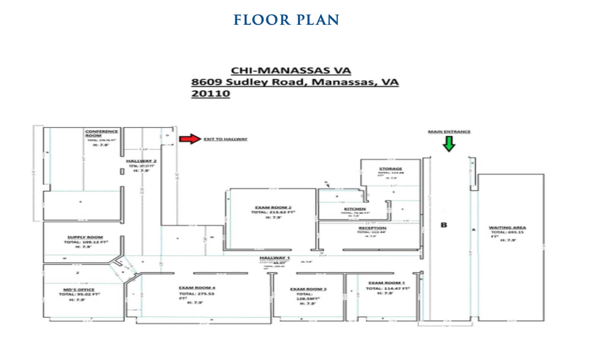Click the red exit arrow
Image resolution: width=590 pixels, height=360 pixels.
tap(189, 139)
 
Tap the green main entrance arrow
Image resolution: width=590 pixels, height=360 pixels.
tap(449, 144)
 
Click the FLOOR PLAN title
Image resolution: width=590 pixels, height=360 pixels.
tap(286, 20)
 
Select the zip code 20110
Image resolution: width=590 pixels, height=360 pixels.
tap(210, 94)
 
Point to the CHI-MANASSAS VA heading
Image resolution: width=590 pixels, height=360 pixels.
tap(291, 70)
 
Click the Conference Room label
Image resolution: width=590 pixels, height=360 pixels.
tap(101, 133)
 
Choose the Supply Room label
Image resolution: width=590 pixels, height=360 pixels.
tap(85, 237)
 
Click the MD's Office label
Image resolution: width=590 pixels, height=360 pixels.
tap(79, 289)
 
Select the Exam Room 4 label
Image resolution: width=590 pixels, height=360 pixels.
tap(197, 288)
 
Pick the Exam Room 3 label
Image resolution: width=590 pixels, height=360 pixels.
tap(308, 289)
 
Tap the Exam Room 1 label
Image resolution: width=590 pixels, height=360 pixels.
tap(386, 283)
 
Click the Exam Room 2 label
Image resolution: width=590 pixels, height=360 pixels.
tap(273, 207)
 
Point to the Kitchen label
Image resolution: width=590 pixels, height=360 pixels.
tap(355, 209)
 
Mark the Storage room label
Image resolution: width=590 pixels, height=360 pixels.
tap(390, 169)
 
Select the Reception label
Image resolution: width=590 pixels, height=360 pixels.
tap(372, 228)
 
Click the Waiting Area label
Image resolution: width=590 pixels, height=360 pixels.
tap(507, 228)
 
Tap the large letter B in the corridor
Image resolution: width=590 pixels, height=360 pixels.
tap(443, 225)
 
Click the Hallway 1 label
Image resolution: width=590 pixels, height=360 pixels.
tap(274, 258)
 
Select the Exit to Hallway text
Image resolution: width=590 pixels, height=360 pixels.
tap(225, 139)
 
